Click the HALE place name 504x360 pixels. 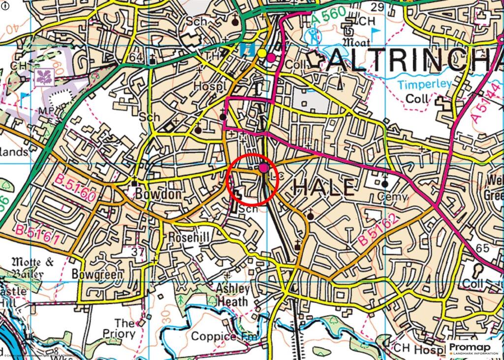[323, 188]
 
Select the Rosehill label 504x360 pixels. [189, 238]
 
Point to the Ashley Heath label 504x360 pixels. [233, 295]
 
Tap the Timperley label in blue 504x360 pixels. [424, 84]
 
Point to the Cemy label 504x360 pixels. [392, 197]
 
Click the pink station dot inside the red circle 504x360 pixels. [264, 168]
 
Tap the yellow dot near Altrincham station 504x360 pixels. [262, 53]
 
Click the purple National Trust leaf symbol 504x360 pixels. [44, 76]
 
